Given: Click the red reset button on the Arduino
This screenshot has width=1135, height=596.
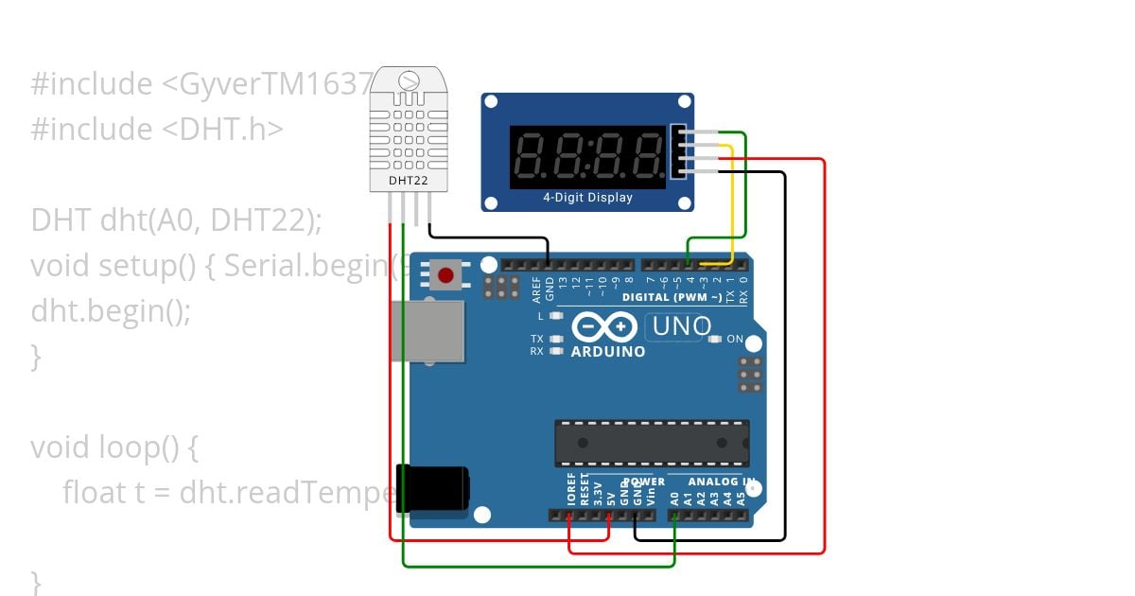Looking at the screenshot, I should coord(445,275).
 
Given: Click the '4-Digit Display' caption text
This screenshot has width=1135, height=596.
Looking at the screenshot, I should coord(587,198).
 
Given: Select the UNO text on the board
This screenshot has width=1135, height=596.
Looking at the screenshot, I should coord(678,327).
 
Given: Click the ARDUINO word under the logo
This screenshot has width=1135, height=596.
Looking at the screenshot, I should coord(608,352).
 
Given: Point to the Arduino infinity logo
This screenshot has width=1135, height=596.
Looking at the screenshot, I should coord(604,327).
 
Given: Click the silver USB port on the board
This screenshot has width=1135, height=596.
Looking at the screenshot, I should coord(428,331).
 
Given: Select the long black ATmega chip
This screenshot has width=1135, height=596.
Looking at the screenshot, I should coord(652,443).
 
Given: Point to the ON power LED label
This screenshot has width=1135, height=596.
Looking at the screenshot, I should coord(735,339).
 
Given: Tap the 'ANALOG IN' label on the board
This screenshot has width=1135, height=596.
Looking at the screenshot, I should coord(721,482).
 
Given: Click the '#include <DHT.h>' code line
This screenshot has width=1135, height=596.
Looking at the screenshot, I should coord(157,129).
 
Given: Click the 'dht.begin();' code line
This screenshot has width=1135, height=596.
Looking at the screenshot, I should coord(111,310).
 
